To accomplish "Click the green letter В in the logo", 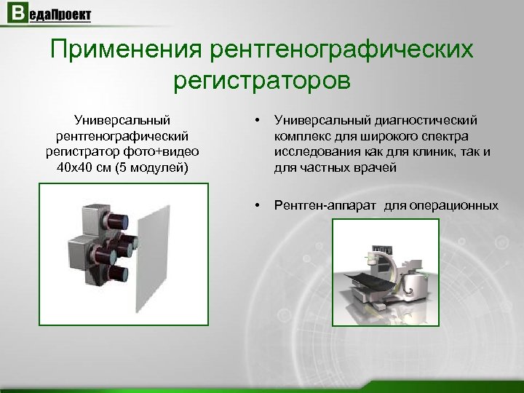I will tap(16, 14).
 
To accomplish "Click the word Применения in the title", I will tap(126, 51).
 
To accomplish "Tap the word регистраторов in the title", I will tap(262, 79).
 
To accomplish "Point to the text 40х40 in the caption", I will tap(72, 168).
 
